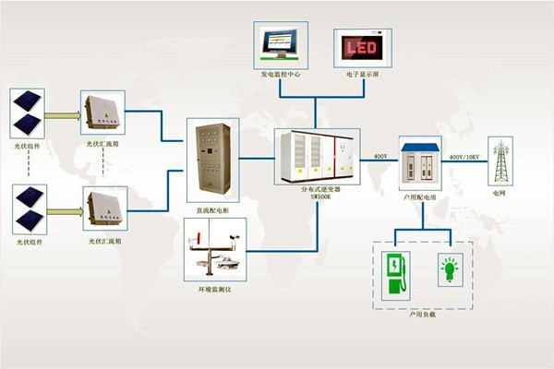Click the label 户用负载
[422, 314]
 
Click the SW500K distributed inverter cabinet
[315, 153]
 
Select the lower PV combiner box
[103, 209]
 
